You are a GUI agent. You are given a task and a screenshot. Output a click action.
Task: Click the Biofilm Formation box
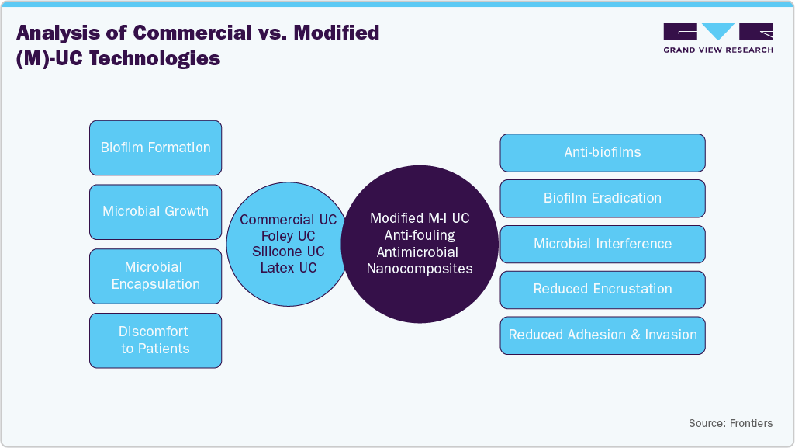coord(155,148)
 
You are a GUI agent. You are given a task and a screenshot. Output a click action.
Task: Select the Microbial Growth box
coord(155,211)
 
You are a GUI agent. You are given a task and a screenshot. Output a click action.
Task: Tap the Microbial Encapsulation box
coord(155,276)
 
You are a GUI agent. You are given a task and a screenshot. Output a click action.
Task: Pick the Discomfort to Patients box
coord(155,340)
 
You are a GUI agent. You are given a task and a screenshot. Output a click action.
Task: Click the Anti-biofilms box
coord(602,152)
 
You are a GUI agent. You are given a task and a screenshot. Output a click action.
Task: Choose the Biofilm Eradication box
coord(602,198)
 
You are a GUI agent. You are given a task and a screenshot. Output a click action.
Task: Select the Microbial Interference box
coord(602,244)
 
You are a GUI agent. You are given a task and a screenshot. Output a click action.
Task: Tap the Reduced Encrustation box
coord(602,289)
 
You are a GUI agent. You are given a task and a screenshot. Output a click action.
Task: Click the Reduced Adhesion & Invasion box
coord(602,335)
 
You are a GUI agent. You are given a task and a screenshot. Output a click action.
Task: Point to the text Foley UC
coord(288,236)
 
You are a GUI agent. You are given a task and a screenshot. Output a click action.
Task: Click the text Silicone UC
coord(288,252)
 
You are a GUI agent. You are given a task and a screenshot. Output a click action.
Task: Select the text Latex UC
coord(288,268)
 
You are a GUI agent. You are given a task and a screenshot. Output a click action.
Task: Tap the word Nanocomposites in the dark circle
coord(419,269)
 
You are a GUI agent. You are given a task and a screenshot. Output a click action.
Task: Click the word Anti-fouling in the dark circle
coord(419,235)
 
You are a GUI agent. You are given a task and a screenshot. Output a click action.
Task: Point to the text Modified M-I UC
coord(419,219)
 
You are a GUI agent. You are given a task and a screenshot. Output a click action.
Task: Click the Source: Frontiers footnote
coord(730,423)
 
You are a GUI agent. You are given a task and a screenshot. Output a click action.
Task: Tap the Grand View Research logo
coord(717,37)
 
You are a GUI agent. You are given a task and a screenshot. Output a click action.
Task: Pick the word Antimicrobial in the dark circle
coord(419,252)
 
